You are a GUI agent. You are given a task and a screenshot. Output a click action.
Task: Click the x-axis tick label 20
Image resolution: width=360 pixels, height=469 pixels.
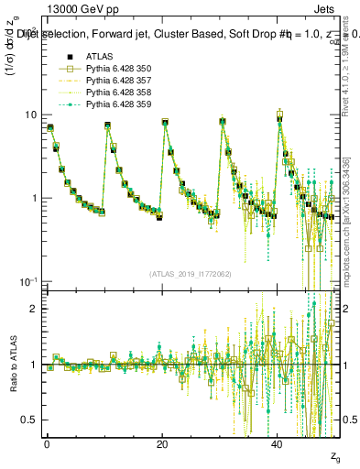[x=162, y=443]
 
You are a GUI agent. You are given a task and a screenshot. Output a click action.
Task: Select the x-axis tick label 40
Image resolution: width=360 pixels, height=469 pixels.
[x=278, y=443]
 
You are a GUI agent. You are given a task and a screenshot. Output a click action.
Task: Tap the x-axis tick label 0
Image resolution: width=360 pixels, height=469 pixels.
[x=47, y=443]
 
